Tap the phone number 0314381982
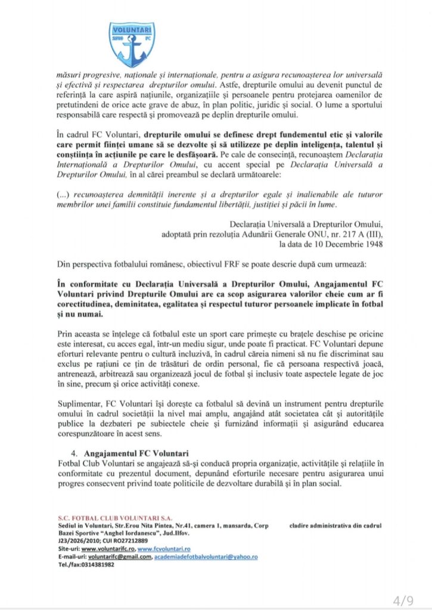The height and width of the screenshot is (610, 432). (92, 564)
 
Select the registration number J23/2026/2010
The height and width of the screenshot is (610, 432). (78, 541)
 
